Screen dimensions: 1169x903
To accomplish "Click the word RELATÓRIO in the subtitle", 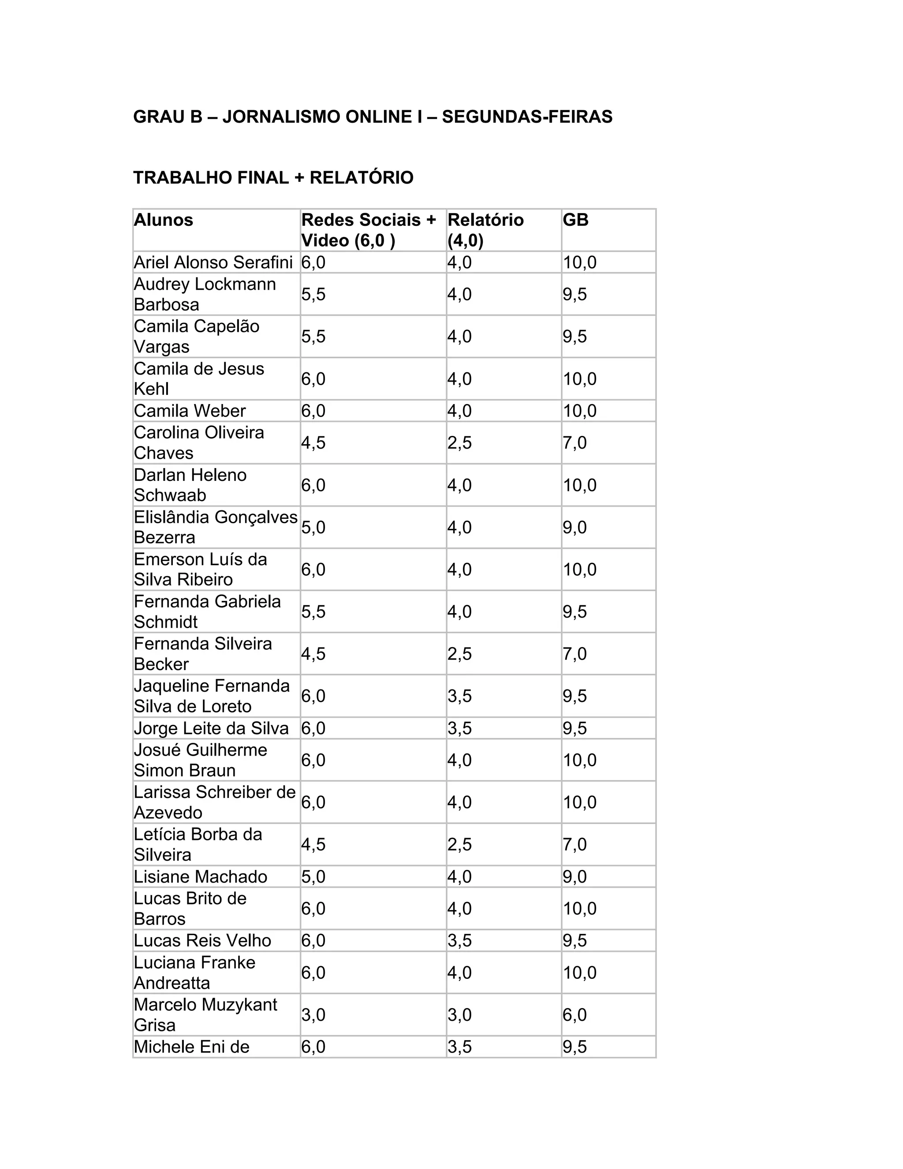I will pyautogui.click(x=362, y=178).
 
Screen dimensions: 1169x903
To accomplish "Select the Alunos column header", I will pyautogui.click(x=163, y=220).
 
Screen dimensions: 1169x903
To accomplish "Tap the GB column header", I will pyautogui.click(x=575, y=220).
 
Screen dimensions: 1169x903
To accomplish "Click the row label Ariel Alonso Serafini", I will pyautogui.click(x=213, y=262).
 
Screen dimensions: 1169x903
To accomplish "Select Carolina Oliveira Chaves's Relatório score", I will pyautogui.click(x=459, y=442).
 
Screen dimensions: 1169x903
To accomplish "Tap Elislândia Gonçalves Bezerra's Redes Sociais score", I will pyautogui.click(x=313, y=527).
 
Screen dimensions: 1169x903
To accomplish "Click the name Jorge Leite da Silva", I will pyautogui.click(x=211, y=728).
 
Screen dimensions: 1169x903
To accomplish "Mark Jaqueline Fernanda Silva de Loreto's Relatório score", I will pyautogui.click(x=459, y=696).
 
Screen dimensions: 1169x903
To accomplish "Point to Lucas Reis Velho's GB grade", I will pyautogui.click(x=575, y=940).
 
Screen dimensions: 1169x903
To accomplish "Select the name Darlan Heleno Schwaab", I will pyautogui.click(x=190, y=485).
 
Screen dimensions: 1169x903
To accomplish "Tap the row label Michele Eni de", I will pyautogui.click(x=191, y=1046).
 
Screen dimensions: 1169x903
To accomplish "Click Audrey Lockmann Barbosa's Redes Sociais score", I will pyautogui.click(x=313, y=294).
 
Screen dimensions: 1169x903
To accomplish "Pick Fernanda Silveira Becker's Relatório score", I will pyautogui.click(x=459, y=654).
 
